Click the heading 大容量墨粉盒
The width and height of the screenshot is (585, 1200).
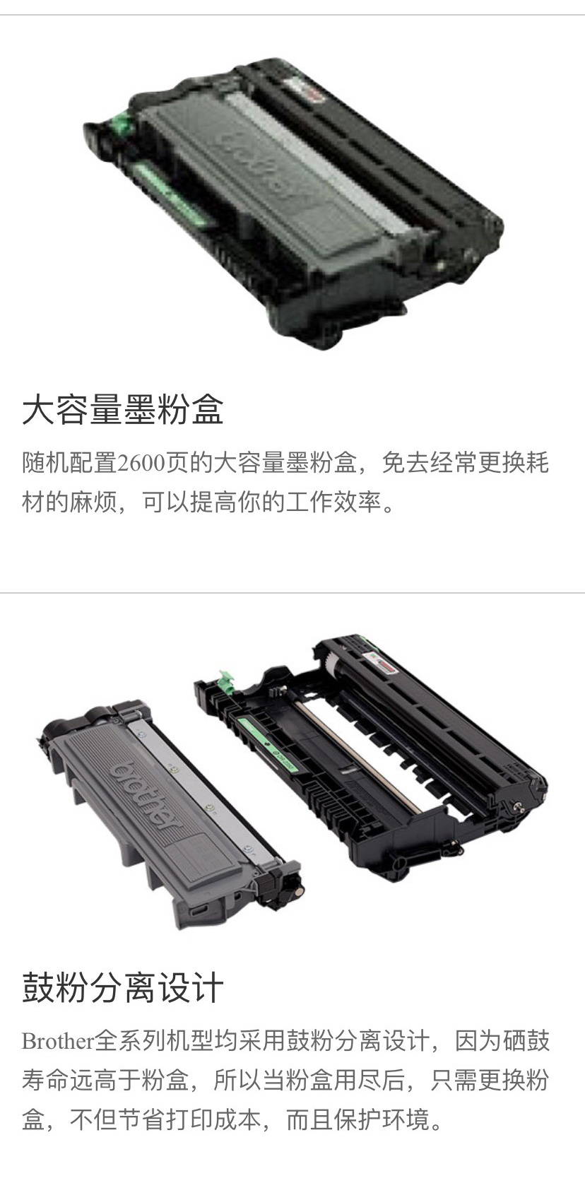pos(123,410)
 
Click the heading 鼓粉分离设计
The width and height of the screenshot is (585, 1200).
pos(123,987)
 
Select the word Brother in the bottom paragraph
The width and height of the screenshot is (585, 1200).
pos(58,1041)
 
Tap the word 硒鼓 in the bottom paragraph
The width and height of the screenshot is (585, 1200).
pos(526,1041)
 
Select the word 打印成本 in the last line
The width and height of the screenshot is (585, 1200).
pos(213,1119)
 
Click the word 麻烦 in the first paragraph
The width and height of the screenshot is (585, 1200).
pos(93,502)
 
